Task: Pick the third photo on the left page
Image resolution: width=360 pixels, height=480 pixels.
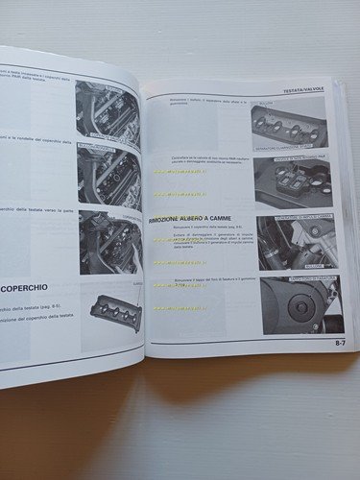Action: click(x=109, y=239)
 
